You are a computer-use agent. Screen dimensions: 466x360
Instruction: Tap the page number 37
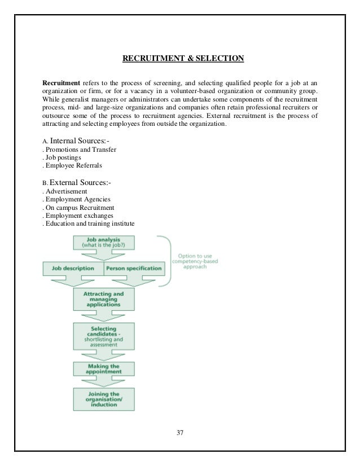pos(180,434)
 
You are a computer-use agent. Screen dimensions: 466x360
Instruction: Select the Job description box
pos(72,269)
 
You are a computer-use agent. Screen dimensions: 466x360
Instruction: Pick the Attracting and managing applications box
pos(104,299)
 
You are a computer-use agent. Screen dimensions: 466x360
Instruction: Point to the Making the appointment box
pos(104,368)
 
